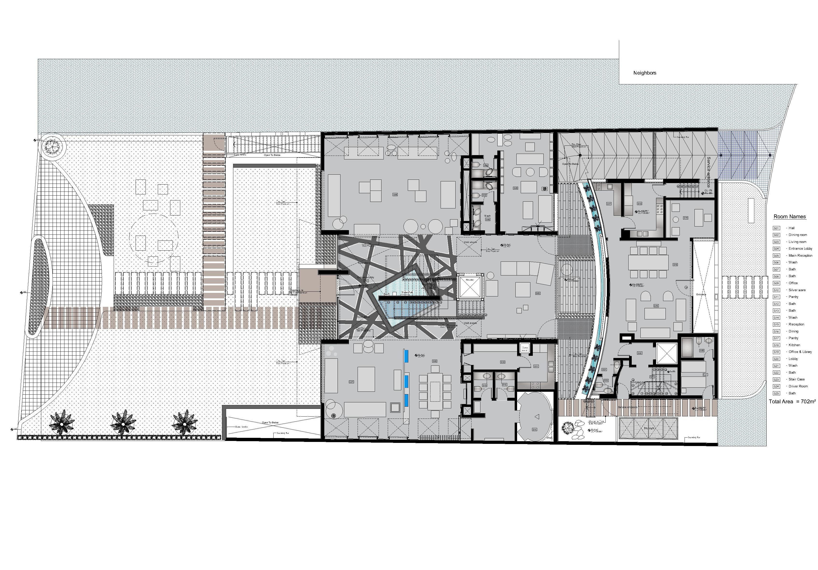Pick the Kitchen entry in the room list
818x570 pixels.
pyautogui.click(x=794, y=345)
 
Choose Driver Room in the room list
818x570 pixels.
pyautogui.click(x=798, y=386)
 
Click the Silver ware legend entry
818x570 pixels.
pyautogui.click(x=797, y=290)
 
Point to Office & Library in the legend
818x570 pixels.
pyautogui.click(x=800, y=352)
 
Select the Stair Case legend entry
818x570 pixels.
pyautogui.click(x=797, y=379)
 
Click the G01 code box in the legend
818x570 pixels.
pyautogui.click(x=776, y=228)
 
